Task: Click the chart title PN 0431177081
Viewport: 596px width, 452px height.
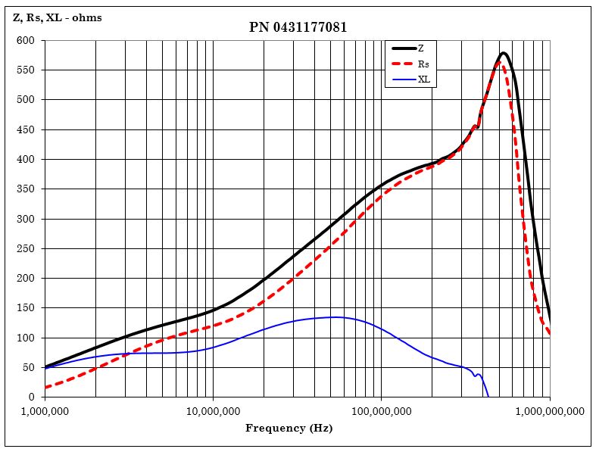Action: pyautogui.click(x=298, y=27)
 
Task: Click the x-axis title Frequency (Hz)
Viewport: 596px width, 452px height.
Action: pyautogui.click(x=289, y=429)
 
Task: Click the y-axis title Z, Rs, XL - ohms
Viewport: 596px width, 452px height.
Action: pyautogui.click(x=58, y=17)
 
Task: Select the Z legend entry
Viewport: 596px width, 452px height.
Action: pyautogui.click(x=420, y=48)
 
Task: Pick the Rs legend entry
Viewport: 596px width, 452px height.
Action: pyautogui.click(x=423, y=64)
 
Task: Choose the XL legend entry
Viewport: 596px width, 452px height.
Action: pyautogui.click(x=423, y=79)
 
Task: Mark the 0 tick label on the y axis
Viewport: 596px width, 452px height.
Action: pyautogui.click(x=31, y=397)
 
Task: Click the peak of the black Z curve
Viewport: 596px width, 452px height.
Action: pyautogui.click(x=504, y=53)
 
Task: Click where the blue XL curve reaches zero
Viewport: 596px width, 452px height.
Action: pyautogui.click(x=488, y=396)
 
